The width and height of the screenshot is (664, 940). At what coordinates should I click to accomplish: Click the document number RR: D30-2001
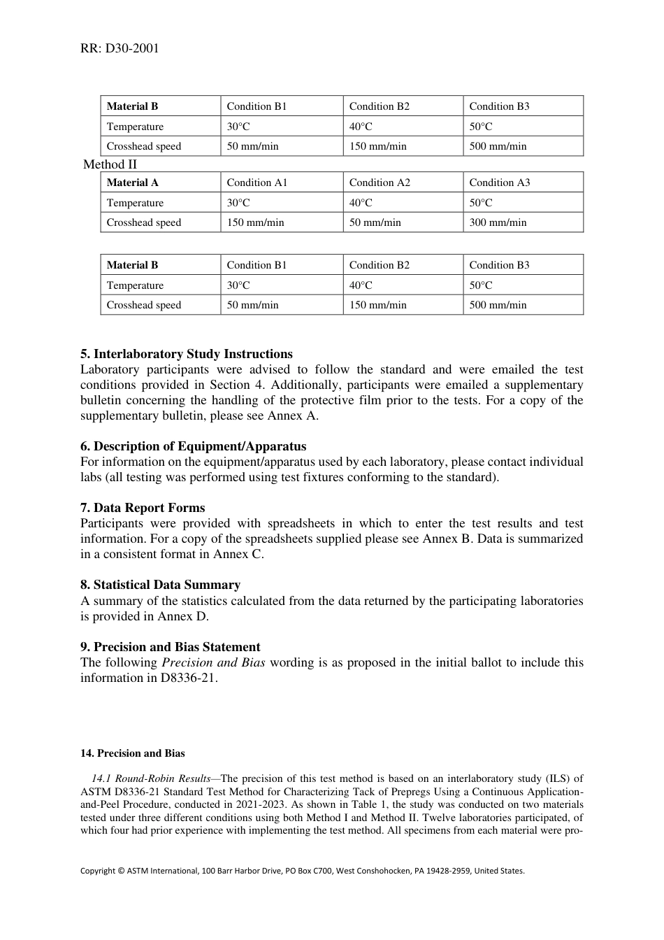[x=119, y=48]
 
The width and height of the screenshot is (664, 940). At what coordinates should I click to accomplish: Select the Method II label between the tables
[x=110, y=164]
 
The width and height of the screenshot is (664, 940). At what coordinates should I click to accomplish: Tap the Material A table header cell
[x=133, y=183]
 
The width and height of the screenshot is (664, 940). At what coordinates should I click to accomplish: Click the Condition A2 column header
[x=380, y=183]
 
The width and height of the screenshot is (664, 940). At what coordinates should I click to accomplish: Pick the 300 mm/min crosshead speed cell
[x=498, y=222]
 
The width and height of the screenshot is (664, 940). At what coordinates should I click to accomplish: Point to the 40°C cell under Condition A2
[x=361, y=203]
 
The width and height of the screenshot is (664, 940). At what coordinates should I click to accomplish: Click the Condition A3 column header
[x=500, y=183]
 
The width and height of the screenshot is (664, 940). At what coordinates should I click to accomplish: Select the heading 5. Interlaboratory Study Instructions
[x=186, y=354]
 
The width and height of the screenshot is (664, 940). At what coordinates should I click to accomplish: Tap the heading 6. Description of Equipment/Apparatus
[x=193, y=446]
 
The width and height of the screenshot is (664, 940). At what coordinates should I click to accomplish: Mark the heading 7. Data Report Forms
[x=143, y=508]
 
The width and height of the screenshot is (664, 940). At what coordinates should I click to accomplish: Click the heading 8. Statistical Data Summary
[x=160, y=585]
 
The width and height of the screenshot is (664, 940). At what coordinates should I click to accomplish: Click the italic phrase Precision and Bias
[x=213, y=662]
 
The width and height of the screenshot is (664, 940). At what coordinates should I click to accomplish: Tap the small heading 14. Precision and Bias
[x=133, y=753]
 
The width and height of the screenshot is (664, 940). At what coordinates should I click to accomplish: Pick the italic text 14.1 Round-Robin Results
[x=151, y=778]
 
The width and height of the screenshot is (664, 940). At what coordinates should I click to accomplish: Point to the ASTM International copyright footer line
[x=302, y=871]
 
